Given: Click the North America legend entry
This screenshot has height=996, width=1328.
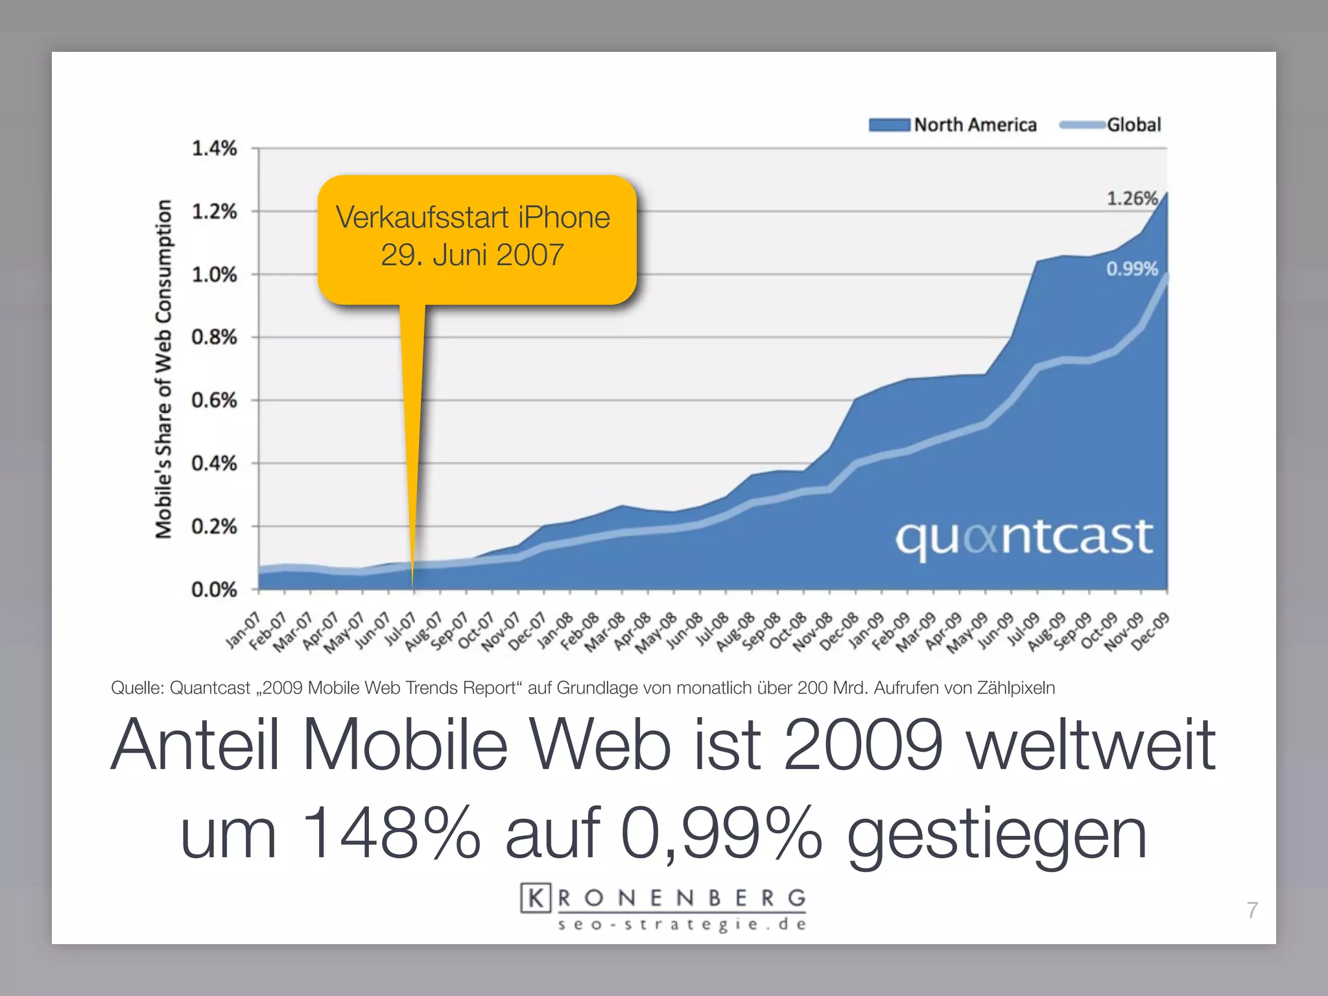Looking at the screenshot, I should pyautogui.click(x=953, y=124).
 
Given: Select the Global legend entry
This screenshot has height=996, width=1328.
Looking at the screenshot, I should pyautogui.click(x=1110, y=124).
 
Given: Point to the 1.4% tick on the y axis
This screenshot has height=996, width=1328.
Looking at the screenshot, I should pyautogui.click(x=214, y=148).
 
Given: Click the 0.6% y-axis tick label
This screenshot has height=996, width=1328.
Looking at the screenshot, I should pyautogui.click(x=214, y=400).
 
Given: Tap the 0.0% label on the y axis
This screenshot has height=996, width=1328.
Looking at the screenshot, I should pyautogui.click(x=214, y=589).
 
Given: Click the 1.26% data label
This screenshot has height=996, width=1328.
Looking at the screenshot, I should pyautogui.click(x=1132, y=198).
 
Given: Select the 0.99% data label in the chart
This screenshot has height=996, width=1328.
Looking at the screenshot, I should pyautogui.click(x=1132, y=268).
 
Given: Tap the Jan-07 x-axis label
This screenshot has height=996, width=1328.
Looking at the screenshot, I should pyautogui.click(x=243, y=630).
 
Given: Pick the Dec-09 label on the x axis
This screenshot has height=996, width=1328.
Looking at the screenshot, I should pyautogui.click(x=1150, y=630).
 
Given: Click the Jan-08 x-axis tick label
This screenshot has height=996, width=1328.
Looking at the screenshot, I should pyautogui.click(x=555, y=630).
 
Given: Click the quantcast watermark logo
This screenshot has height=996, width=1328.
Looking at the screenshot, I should pyautogui.click(x=1024, y=538).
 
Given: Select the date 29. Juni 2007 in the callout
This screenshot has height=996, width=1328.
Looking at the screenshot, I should pyautogui.click(x=472, y=255).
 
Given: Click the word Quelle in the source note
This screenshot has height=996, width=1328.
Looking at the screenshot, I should pyautogui.click(x=137, y=688).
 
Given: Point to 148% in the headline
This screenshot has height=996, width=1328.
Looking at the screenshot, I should pyautogui.click(x=391, y=833).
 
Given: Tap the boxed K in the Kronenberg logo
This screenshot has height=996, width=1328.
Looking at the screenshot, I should pyautogui.click(x=536, y=898).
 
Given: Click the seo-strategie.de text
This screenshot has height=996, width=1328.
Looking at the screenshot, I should pyautogui.click(x=682, y=925).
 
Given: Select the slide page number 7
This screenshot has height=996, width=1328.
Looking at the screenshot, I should pyautogui.click(x=1252, y=910).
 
